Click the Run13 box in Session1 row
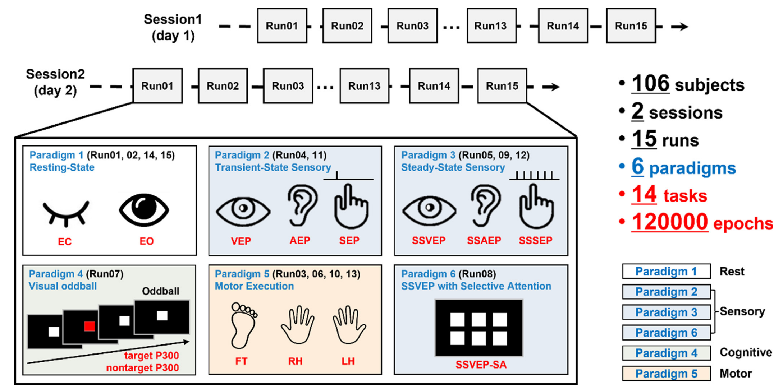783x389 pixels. tap(491, 26)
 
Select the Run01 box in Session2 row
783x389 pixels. tap(157, 86)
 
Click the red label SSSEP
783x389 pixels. tap(535, 240)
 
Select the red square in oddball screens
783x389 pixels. tap(90, 326)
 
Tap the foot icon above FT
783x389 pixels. tap(243, 325)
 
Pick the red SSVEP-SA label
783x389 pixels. tap(481, 365)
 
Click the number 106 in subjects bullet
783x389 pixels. tap(650, 84)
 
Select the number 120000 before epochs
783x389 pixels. tap(669, 222)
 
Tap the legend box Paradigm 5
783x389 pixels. tap(666, 373)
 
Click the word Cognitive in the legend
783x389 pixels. tap(746, 352)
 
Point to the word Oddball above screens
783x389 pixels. tap(160, 291)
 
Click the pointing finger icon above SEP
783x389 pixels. tap(351, 206)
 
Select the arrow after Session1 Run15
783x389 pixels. tap(679, 26)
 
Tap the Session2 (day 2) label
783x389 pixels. tap(55, 82)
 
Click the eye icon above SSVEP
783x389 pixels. tap(429, 210)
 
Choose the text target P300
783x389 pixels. tap(151, 356)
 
